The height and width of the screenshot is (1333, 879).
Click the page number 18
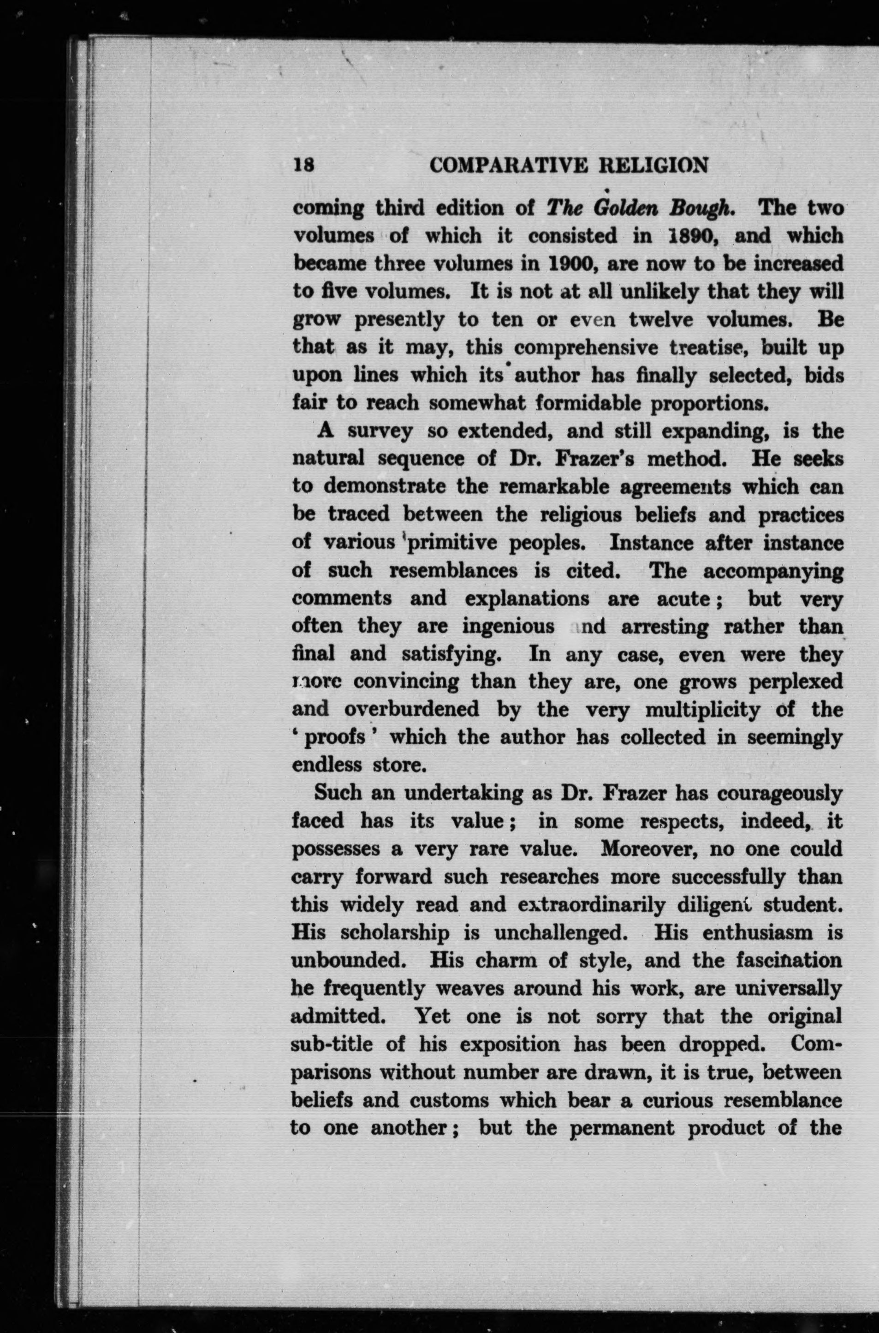(303, 166)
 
